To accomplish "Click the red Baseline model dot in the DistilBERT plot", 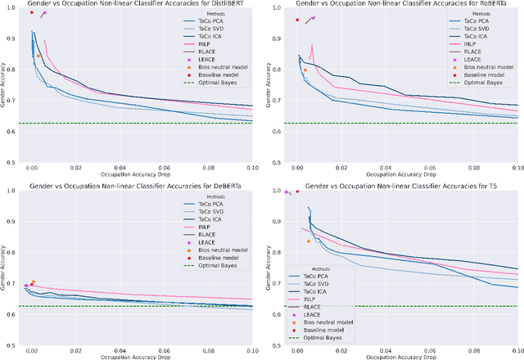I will pyautogui.click(x=31, y=12).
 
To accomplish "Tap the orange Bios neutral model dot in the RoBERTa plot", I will pyautogui.click(x=305, y=70).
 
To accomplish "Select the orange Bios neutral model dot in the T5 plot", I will pyautogui.click(x=309, y=241).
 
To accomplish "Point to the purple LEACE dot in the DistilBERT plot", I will pyautogui.click(x=44, y=13).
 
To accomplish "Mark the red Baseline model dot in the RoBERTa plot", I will pyautogui.click(x=297, y=20).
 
